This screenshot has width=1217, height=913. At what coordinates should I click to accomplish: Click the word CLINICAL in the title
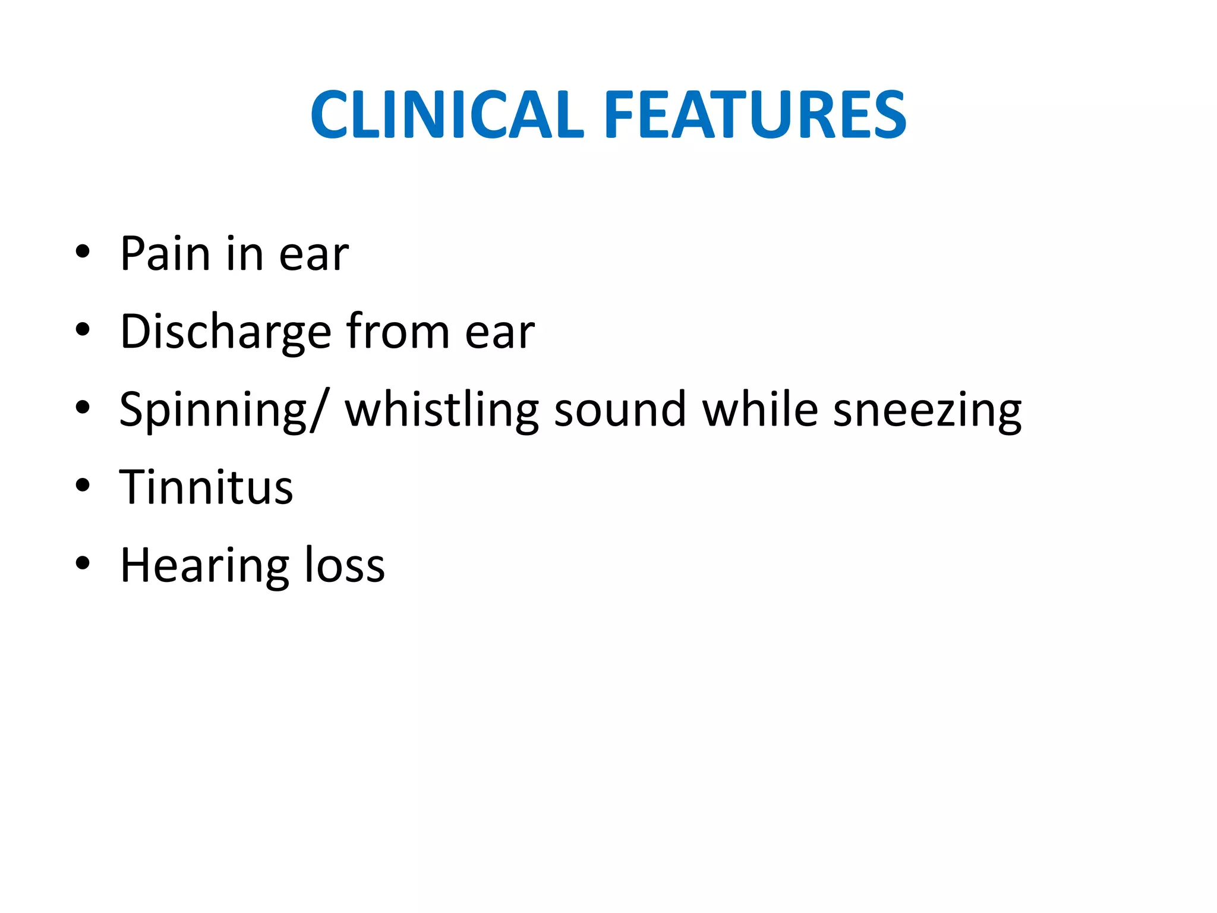click(x=447, y=114)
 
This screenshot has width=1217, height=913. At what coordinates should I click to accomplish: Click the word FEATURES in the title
click(x=755, y=114)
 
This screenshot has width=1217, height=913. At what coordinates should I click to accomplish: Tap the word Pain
click(x=165, y=254)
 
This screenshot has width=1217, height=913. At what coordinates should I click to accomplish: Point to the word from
click(x=398, y=332)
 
